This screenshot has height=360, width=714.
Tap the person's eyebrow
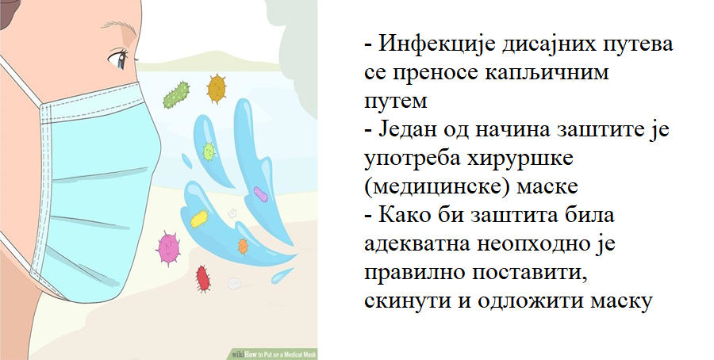pos(119,26)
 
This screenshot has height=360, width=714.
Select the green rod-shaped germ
pos(176,95)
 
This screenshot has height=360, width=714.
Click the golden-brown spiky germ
pos(217,88)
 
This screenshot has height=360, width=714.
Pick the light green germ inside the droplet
pos(209,151)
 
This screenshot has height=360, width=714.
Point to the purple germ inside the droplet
pos(260,194)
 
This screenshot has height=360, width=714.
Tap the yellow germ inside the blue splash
pos(199,219)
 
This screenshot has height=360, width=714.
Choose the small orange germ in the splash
pos(244,246)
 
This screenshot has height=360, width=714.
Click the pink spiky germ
pos(168,248)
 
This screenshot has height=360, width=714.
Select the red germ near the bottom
pos(202,278)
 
